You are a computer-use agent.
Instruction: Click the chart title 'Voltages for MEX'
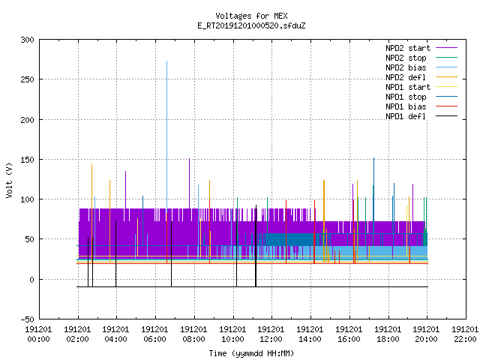click(251, 16)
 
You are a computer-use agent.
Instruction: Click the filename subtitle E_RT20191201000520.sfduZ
click(251, 25)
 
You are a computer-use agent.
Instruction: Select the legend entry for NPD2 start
click(408, 48)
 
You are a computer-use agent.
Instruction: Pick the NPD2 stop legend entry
click(406, 58)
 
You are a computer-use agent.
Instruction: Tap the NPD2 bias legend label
click(406, 67)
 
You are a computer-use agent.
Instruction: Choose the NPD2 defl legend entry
click(406, 77)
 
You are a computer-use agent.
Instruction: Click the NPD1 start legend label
click(408, 87)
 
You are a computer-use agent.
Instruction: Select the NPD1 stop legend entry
click(406, 97)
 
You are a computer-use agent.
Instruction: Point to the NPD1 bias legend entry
click(406, 106)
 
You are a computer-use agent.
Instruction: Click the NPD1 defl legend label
click(406, 117)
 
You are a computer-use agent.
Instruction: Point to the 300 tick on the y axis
click(27, 40)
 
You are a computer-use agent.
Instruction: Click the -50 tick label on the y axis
click(27, 319)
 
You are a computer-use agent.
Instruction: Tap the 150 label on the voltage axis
click(27, 160)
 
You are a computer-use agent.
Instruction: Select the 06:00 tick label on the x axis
click(154, 334)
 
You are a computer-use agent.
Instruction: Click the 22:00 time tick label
click(465, 334)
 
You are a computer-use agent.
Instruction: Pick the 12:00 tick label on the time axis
click(271, 334)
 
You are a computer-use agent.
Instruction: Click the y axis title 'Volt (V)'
click(9, 180)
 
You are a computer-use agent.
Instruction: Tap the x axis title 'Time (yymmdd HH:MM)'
click(251, 353)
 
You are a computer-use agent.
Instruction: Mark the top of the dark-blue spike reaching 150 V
click(373, 158)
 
